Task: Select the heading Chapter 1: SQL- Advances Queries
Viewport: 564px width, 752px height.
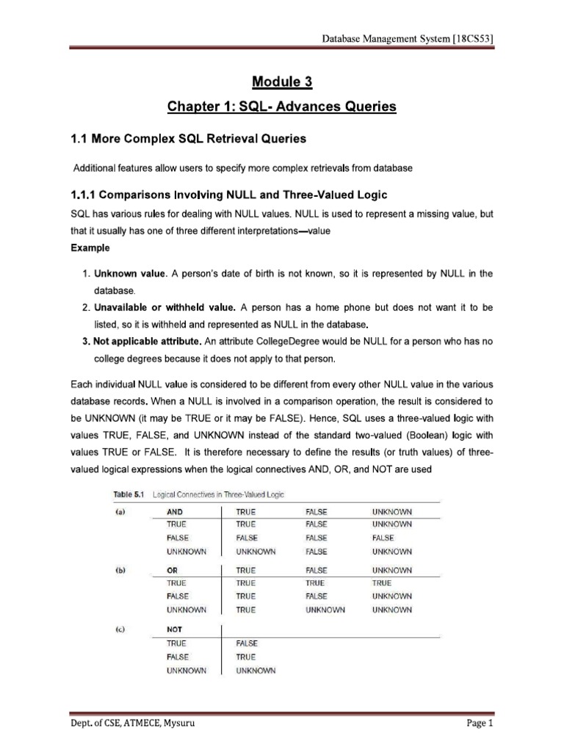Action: pos(282,107)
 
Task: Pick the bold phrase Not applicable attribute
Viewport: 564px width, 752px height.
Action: pos(146,341)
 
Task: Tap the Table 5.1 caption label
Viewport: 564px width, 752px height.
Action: pos(128,494)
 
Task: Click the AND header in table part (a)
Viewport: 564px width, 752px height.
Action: pos(176,511)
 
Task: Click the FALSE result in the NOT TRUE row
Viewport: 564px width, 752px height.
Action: pos(247,643)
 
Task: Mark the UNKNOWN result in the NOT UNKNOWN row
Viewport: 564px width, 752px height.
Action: pos(256,670)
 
